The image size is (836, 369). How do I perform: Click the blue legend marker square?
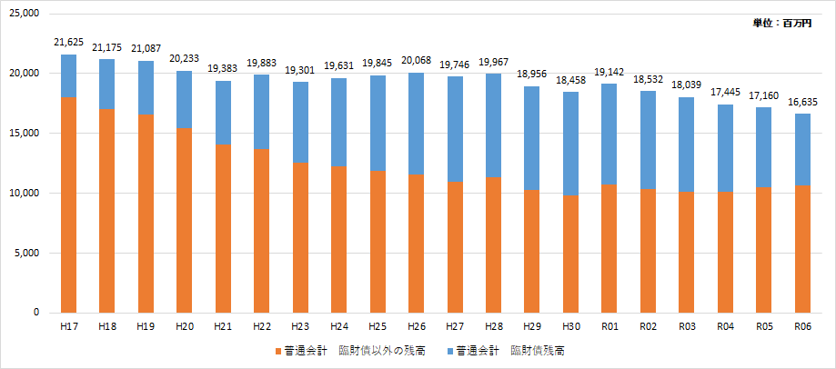tap(448, 351)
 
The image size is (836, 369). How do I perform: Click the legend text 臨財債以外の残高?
tap(382, 351)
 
